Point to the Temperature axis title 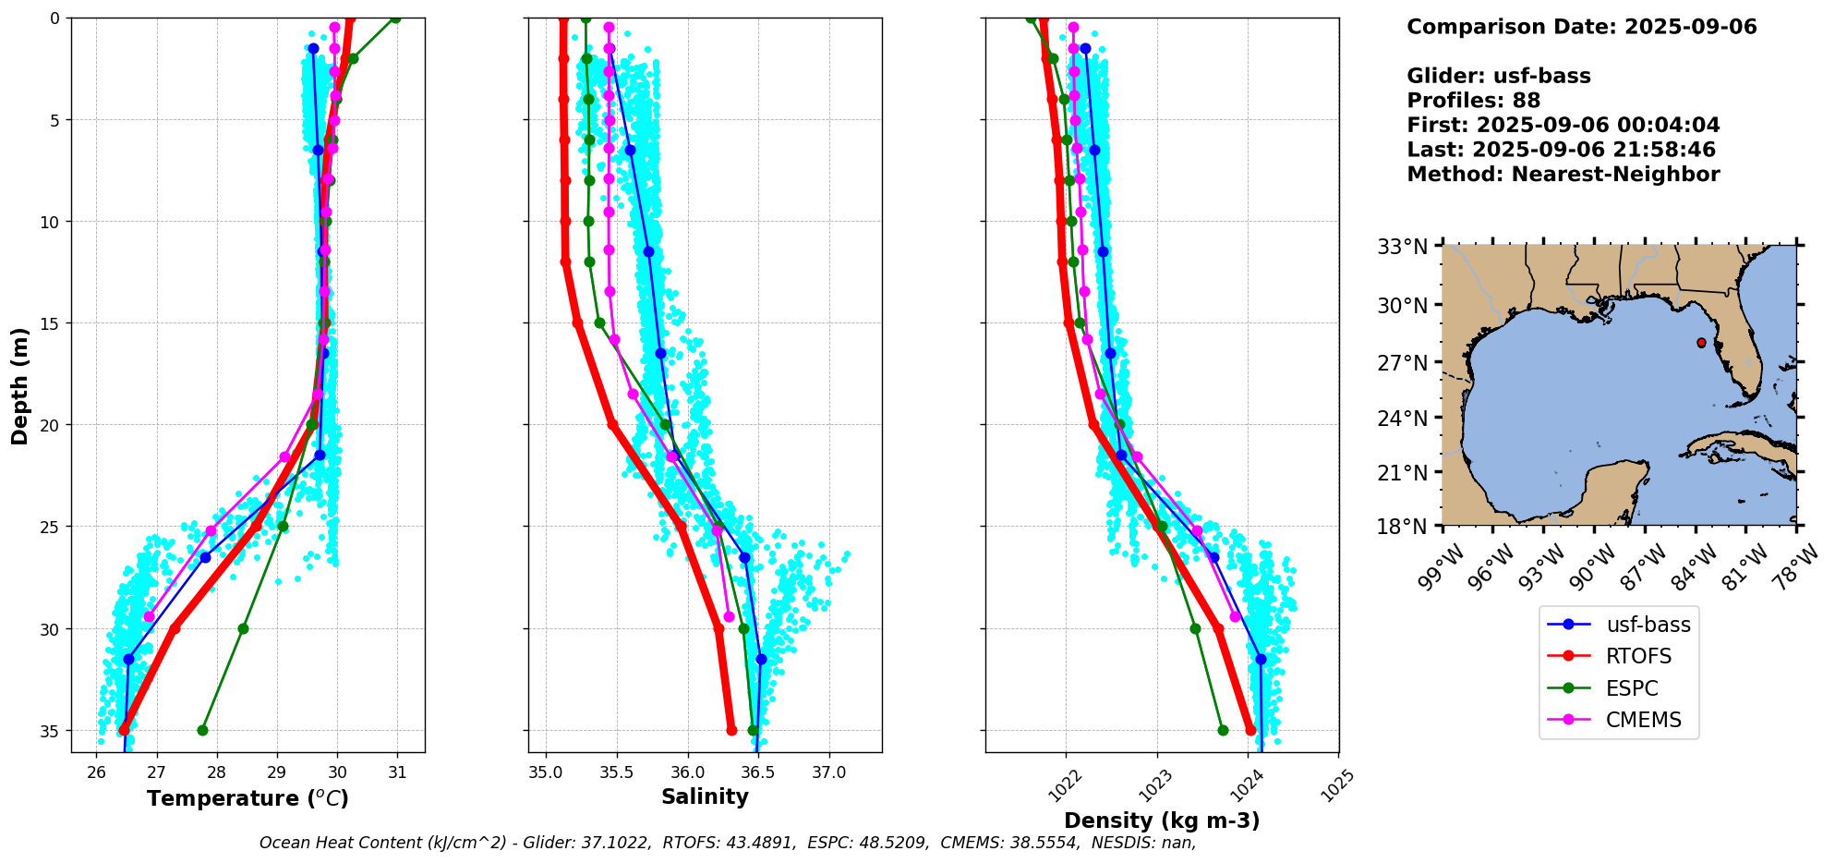(x=247, y=798)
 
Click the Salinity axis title (x=705, y=796)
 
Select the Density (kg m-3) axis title (x=1162, y=820)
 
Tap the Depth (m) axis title (x=20, y=385)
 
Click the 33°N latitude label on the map (x=1403, y=248)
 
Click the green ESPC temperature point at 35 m (x=202, y=730)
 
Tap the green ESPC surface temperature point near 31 (x=395, y=18)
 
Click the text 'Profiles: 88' (x=1473, y=101)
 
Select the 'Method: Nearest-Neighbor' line (x=1563, y=175)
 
